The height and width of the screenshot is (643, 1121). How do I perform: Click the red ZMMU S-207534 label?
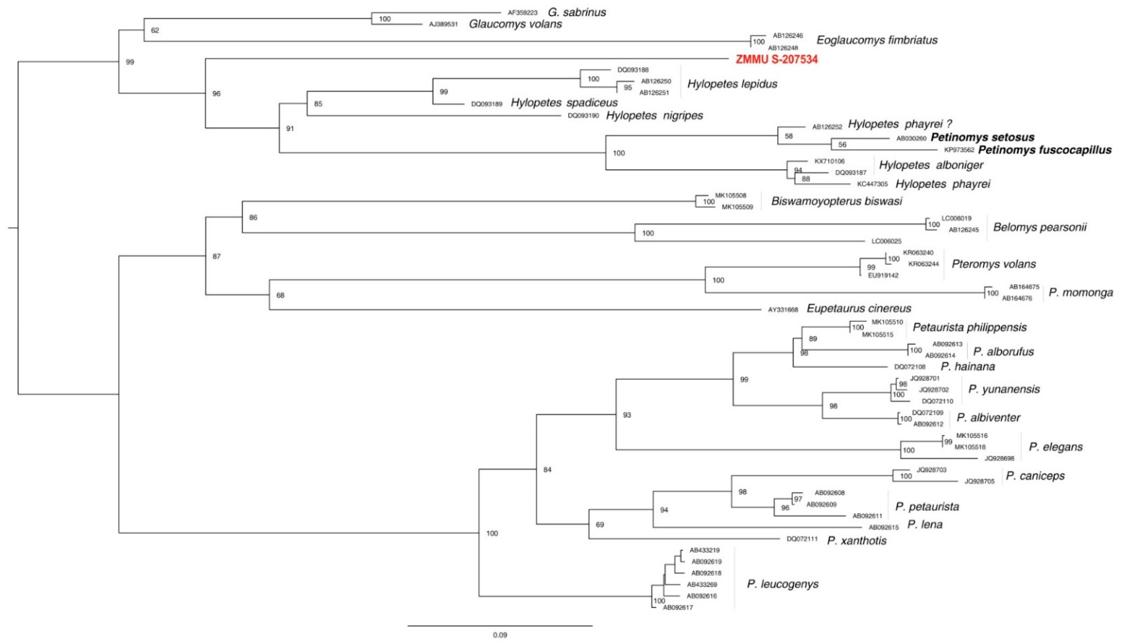click(x=776, y=59)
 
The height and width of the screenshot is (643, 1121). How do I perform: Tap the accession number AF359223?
click(x=522, y=13)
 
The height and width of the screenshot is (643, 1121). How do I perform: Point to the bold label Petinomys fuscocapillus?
click(x=1045, y=150)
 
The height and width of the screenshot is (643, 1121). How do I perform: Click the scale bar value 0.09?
click(x=500, y=635)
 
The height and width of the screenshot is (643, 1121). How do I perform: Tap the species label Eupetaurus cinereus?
click(x=859, y=308)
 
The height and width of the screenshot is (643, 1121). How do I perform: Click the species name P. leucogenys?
click(x=782, y=584)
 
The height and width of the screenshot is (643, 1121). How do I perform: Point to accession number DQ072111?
click(x=802, y=539)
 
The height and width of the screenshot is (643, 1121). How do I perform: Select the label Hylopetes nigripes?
click(x=654, y=116)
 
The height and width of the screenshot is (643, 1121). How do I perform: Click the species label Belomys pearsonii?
click(x=1039, y=227)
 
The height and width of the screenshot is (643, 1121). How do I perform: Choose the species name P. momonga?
click(x=1080, y=293)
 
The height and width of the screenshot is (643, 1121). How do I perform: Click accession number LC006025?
click(x=886, y=241)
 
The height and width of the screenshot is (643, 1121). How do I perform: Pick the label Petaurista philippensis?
click(x=970, y=327)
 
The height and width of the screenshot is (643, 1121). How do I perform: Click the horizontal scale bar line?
click(x=500, y=625)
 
